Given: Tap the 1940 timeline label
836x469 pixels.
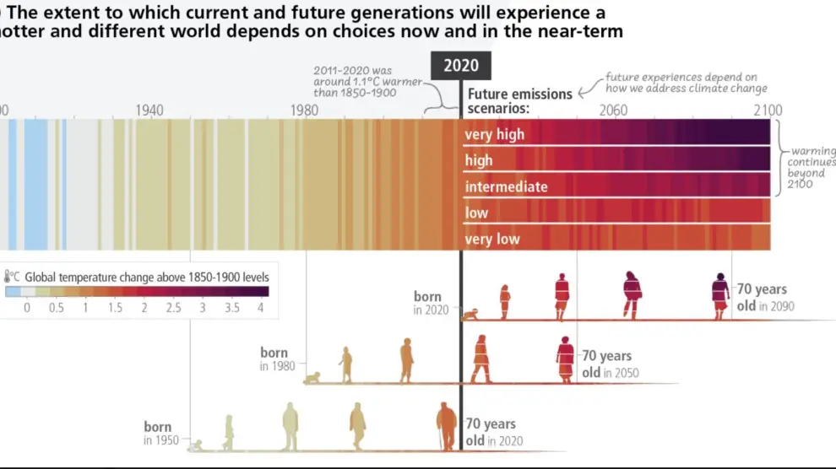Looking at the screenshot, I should tap(149, 111).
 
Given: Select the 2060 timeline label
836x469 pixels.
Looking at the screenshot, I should tap(613, 111).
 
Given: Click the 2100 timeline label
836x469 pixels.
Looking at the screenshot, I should tap(768, 111).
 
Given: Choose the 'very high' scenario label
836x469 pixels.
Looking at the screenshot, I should tap(494, 134).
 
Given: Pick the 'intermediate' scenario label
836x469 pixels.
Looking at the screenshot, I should tap(506, 186).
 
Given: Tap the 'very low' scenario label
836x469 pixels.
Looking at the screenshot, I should tap(492, 240).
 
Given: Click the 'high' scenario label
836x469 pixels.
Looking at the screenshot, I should tap(478, 160).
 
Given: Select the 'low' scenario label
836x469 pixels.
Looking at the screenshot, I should tap(476, 213).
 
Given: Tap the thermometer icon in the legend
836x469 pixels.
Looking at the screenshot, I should tap(8, 277).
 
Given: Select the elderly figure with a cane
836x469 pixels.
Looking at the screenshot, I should tap(446, 426).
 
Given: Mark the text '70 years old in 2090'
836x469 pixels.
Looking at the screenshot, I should tap(765, 298).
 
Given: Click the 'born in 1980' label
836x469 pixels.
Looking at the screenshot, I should tap(274, 359).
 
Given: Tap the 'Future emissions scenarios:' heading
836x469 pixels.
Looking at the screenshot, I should tap(520, 101).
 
